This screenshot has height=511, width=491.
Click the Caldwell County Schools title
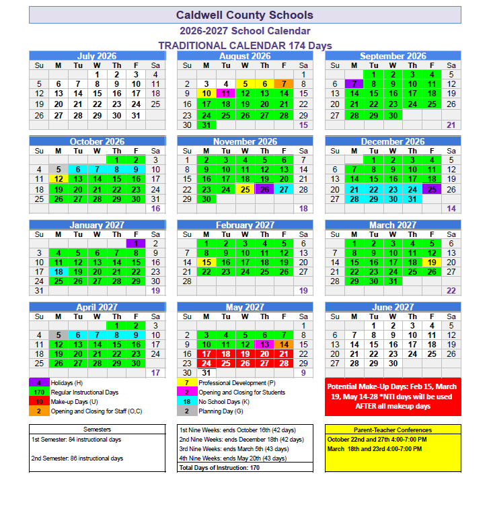click(244, 15)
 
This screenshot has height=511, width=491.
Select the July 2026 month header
click(97, 57)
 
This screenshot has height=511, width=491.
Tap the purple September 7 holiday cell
click(354, 84)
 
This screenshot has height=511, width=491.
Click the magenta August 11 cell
click(226, 94)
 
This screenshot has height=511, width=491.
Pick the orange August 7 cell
click(284, 84)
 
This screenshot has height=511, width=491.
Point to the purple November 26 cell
click(264, 190)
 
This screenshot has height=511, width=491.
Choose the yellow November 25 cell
click(245, 190)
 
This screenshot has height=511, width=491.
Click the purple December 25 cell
click(432, 190)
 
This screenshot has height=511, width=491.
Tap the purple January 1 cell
click(136, 244)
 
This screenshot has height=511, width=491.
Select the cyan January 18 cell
click(59, 271)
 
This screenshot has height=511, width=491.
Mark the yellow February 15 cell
click(206, 263)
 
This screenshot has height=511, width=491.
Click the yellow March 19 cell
click(432, 263)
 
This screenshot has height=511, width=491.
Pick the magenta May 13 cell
click(264, 344)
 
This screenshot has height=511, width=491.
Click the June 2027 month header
click(393, 308)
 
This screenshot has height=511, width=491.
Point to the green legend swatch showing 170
click(39, 392)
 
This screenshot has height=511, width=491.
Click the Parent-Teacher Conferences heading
click(393, 430)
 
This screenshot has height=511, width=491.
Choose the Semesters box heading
click(97, 430)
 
